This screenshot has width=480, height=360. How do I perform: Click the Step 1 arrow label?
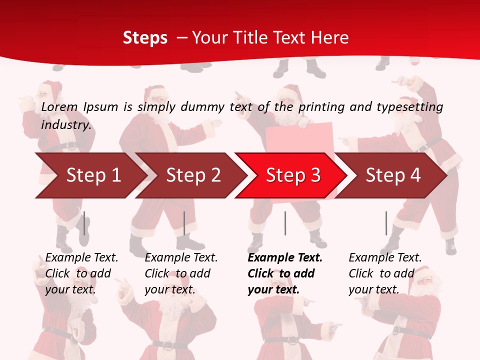click(93, 175)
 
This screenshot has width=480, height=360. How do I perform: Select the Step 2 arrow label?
click(193, 175)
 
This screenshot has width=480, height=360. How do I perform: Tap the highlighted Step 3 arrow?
click(293, 175)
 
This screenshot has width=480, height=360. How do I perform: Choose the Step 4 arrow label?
click(393, 175)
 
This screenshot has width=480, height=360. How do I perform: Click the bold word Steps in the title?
click(145, 37)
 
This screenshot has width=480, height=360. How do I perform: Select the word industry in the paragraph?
click(66, 124)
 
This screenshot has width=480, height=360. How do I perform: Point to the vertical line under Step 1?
click(84, 223)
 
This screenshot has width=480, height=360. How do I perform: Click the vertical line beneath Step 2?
click(184, 223)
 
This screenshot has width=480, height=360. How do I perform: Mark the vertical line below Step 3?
click(285, 223)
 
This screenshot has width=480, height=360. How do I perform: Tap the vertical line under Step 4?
click(386, 223)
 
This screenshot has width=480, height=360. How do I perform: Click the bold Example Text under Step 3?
click(285, 257)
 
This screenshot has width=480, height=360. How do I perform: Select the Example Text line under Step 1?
click(81, 257)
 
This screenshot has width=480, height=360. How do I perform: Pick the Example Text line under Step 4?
click(385, 257)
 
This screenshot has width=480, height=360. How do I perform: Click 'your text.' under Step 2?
click(170, 289)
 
